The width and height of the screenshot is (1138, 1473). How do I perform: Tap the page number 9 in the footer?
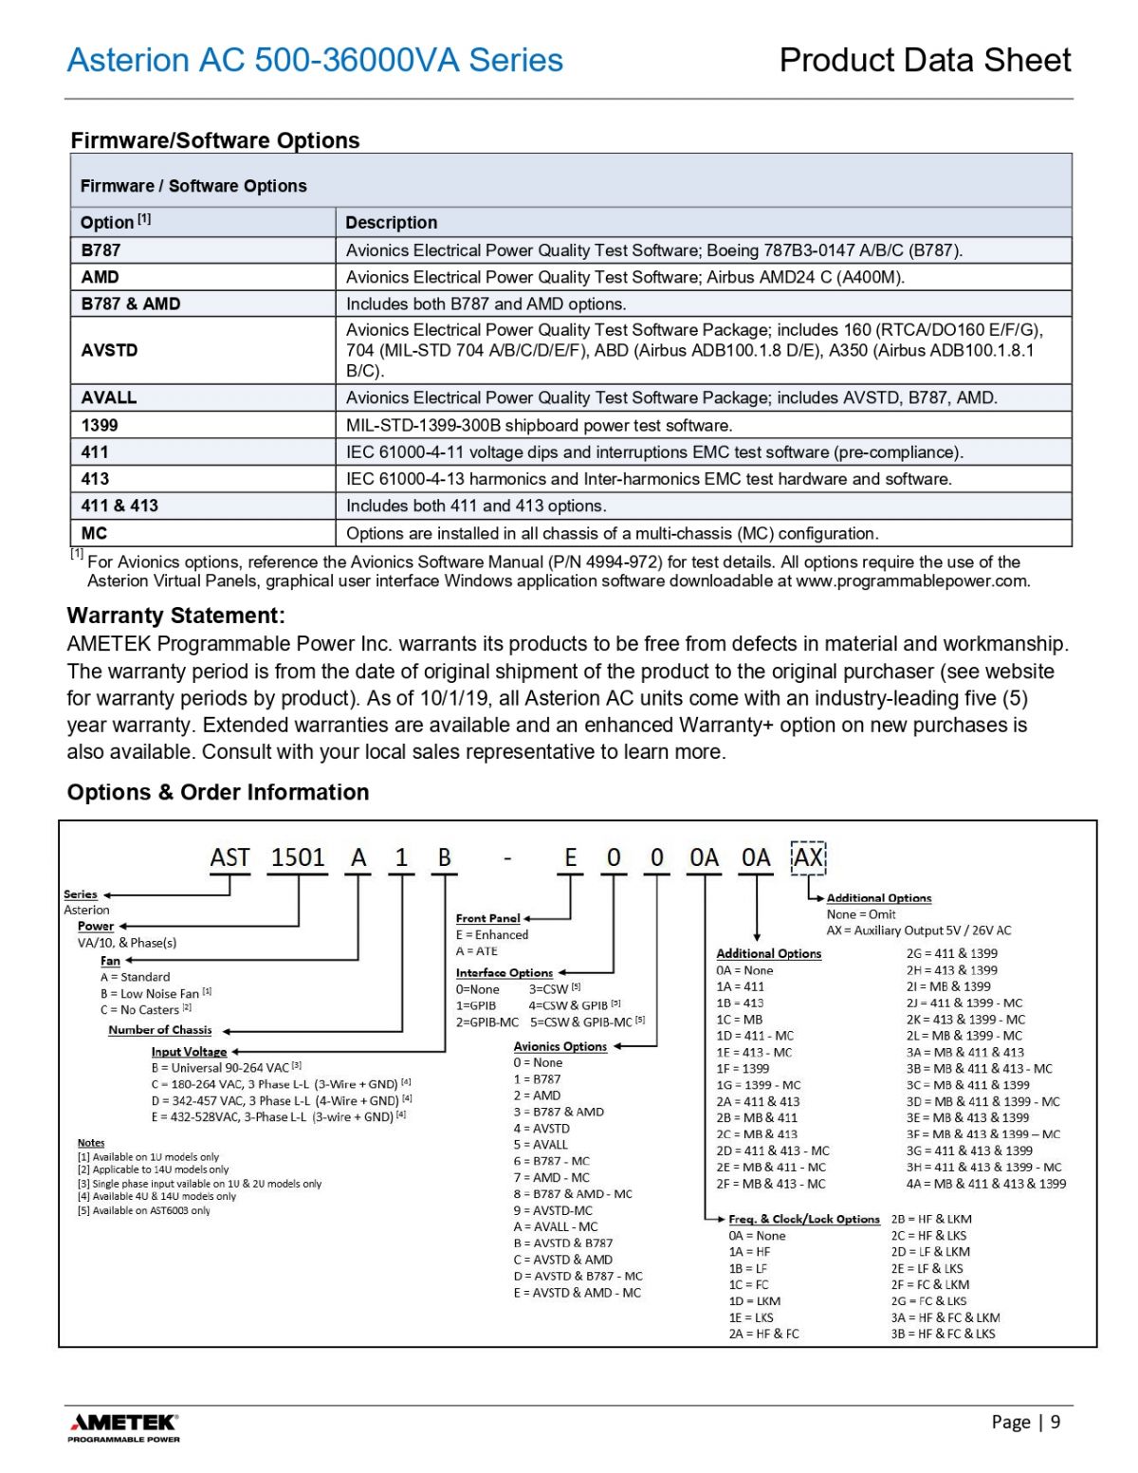tap(1055, 1421)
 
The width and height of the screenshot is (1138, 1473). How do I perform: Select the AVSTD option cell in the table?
tap(109, 350)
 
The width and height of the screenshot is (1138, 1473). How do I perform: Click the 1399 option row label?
tap(100, 425)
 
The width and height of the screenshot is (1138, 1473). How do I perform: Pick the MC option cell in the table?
tap(94, 533)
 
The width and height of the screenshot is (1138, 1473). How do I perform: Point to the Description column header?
tap(391, 223)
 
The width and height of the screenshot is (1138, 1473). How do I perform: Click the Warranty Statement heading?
tap(175, 616)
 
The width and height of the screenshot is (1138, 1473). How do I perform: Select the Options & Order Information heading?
tap(217, 792)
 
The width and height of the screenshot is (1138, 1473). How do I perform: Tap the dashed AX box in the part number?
tap(808, 857)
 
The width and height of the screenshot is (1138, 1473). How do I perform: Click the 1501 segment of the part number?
tap(298, 857)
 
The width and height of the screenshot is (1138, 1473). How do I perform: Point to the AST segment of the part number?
tap(229, 857)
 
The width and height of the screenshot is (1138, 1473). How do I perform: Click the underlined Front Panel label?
tap(487, 918)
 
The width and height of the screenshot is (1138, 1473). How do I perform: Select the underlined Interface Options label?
tap(504, 972)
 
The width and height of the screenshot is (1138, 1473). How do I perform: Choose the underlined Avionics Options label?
tap(560, 1046)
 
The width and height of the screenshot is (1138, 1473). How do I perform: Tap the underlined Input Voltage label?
tap(189, 1051)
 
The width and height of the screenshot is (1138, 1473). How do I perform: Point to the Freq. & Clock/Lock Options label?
tap(803, 1219)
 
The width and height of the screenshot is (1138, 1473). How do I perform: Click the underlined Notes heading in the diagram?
tap(91, 1143)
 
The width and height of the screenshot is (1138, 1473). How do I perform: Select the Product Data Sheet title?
tap(925, 60)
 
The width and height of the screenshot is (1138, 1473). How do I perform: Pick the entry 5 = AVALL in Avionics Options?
tap(541, 1145)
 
